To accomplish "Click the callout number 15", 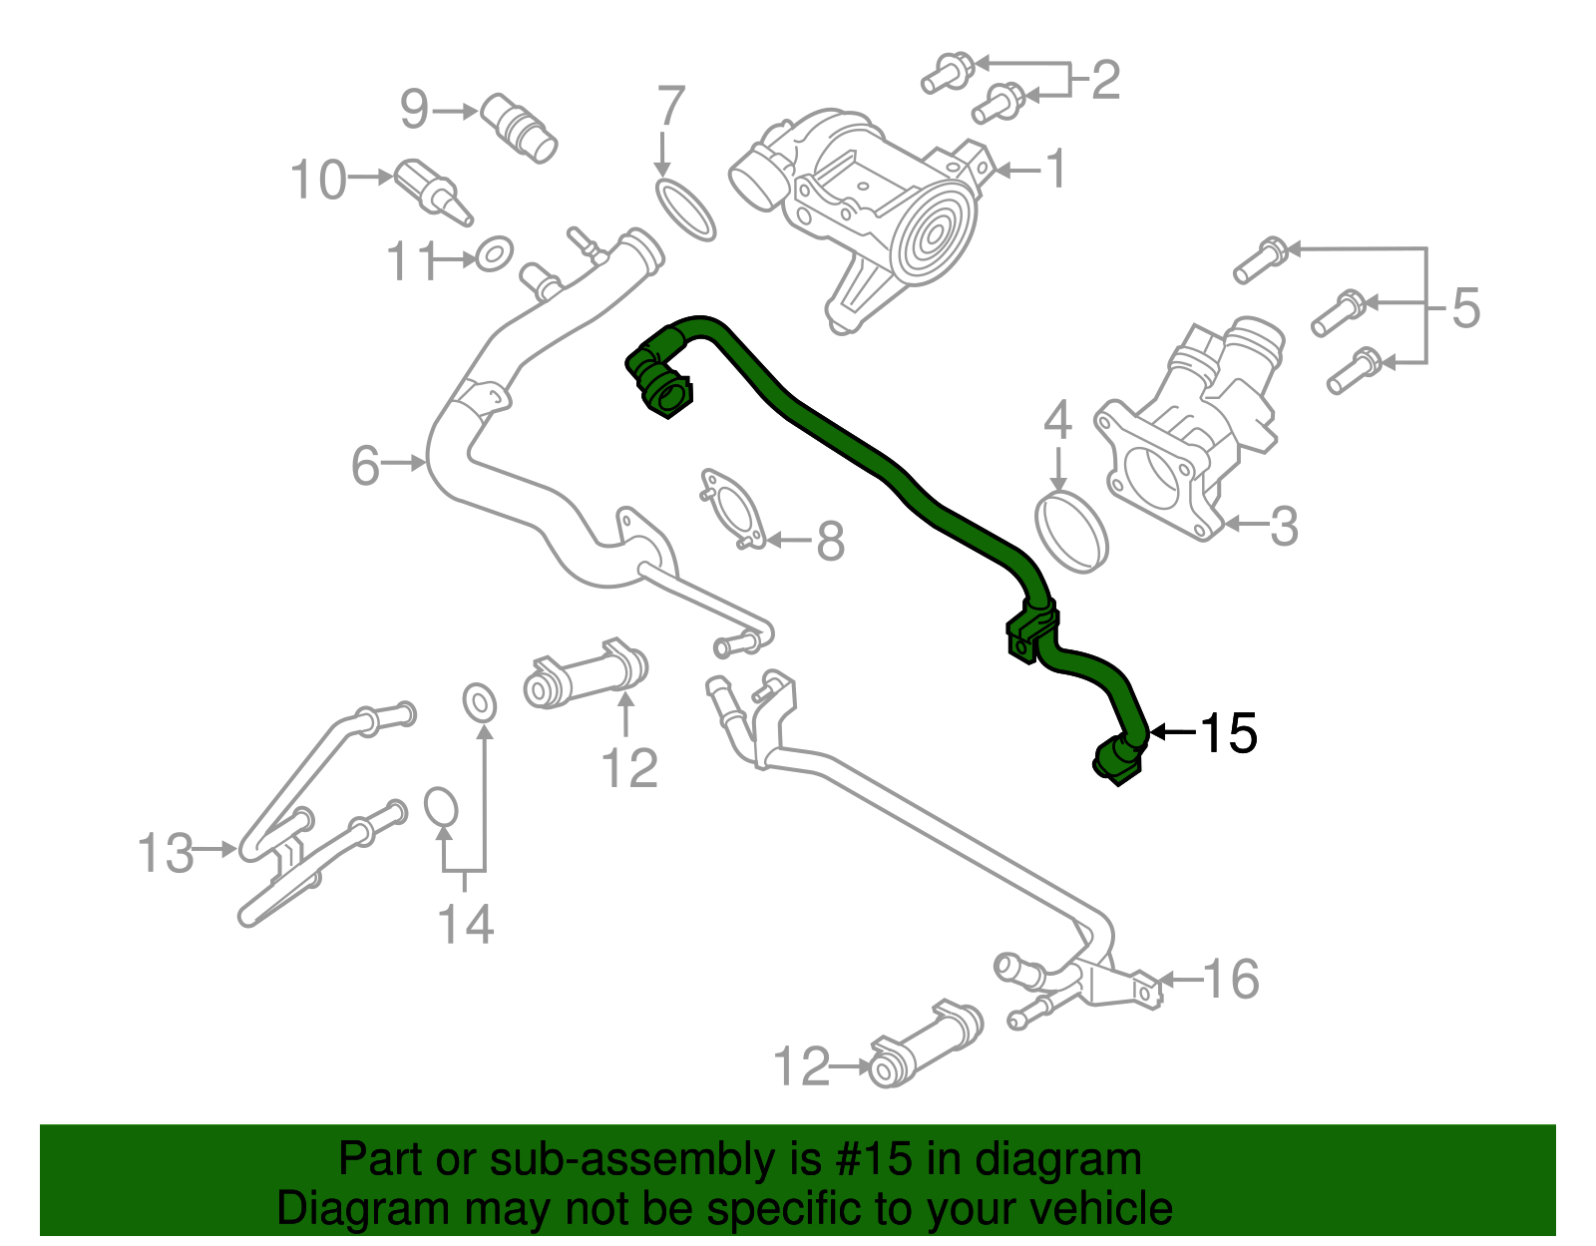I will [1228, 734].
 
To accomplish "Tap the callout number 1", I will [1055, 170].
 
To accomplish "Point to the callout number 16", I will [1231, 980].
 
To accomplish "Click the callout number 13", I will [166, 854].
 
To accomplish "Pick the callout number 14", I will [466, 925].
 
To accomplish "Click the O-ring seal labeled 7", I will [686, 209].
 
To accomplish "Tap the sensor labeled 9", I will [519, 127].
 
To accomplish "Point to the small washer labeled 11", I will [494, 254].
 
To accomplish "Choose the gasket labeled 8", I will [733, 509].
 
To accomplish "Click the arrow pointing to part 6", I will [405, 463].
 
